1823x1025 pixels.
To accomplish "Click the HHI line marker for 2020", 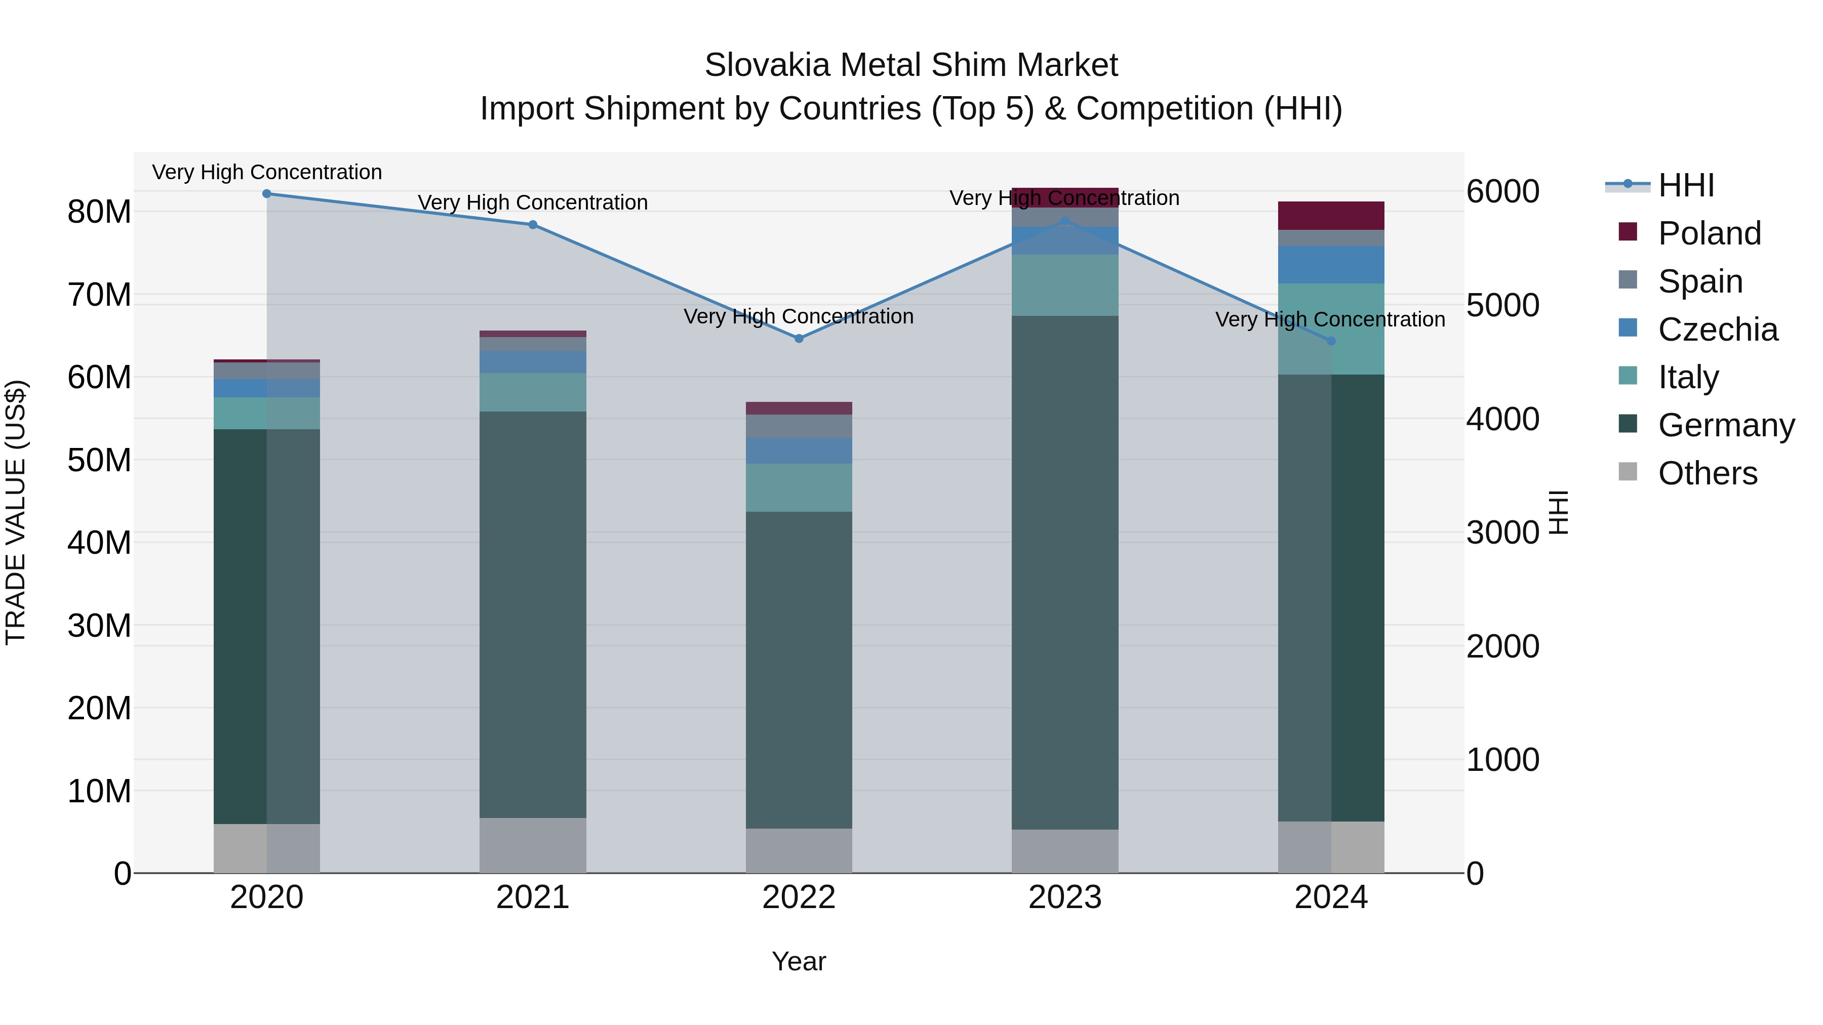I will (267, 194).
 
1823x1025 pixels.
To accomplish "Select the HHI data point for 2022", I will (799, 339).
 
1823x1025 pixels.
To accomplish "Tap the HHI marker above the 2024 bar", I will (1331, 341).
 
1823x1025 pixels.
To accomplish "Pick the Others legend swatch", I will (1628, 472).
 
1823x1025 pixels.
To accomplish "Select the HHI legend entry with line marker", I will (1659, 185).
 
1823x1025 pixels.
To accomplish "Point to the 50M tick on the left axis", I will (99, 461).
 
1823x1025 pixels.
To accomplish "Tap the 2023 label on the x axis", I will (1064, 897).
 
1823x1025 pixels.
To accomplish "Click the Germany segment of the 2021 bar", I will (533, 616).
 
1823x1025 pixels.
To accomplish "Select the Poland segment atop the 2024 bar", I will (1331, 216).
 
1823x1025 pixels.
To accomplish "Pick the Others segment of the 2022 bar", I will (799, 850).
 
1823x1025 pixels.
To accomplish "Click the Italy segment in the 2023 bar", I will (1065, 285).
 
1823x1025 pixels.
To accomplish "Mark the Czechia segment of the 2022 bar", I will (799, 450).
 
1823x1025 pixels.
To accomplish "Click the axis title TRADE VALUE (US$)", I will (16, 513).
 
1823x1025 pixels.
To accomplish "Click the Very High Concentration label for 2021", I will (533, 202).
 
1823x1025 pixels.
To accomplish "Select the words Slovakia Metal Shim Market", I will (911, 65).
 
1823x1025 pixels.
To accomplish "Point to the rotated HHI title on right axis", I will (1559, 513).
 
